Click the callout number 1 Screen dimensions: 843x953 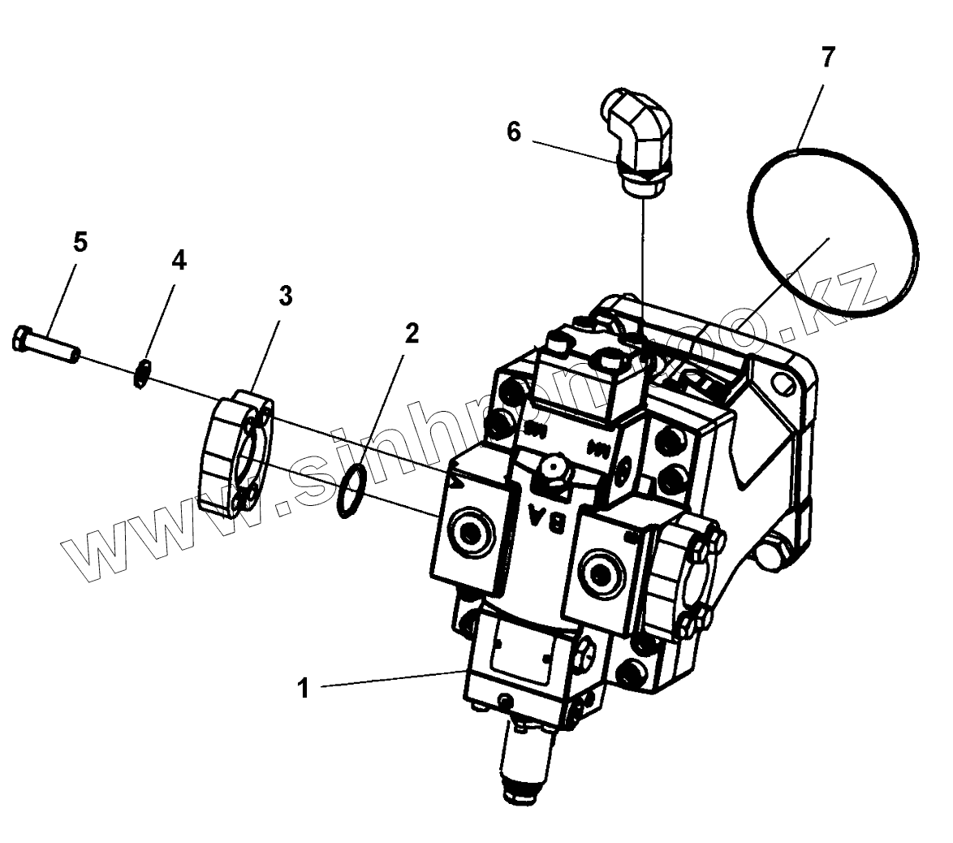coord(304,689)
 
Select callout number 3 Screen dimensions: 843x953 coord(285,296)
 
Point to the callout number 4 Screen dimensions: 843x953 coord(179,260)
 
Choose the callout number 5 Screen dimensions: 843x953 coord(80,242)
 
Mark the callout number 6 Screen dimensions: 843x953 coord(514,132)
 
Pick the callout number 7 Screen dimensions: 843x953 coord(827,57)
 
